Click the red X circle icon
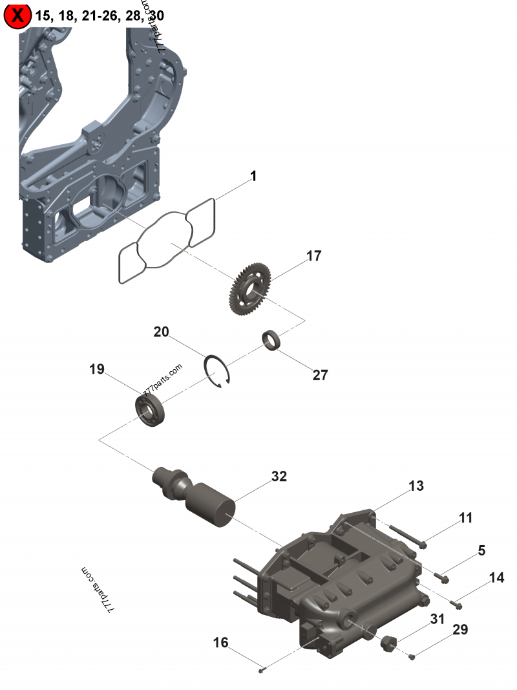(17, 16)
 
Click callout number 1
(253, 176)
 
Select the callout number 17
(313, 256)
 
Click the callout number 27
(321, 375)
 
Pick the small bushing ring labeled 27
(273, 340)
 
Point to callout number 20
(161, 332)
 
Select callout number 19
(97, 369)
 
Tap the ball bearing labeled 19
(151, 409)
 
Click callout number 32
(279, 477)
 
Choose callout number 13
(416, 486)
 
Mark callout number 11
(466, 518)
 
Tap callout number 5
(481, 550)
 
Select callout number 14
(496, 578)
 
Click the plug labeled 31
(387, 643)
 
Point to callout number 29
(460, 629)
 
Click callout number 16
(220, 642)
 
